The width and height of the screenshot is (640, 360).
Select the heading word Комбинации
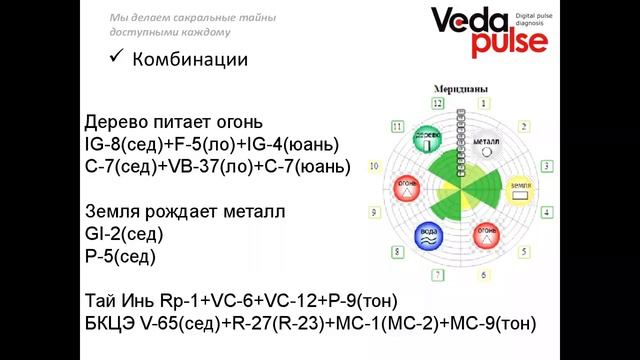[x=191, y=60]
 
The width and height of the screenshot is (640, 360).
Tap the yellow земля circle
[x=518, y=190]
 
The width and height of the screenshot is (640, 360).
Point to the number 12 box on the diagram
[x=437, y=102]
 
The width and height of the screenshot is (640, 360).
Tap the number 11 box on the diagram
[x=398, y=126]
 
